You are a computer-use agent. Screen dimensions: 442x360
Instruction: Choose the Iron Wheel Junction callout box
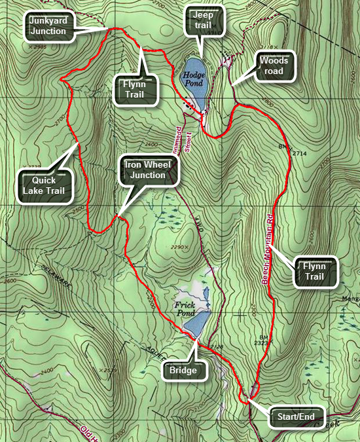pos(147,170)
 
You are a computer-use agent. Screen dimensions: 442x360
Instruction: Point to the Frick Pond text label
pos(187,308)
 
